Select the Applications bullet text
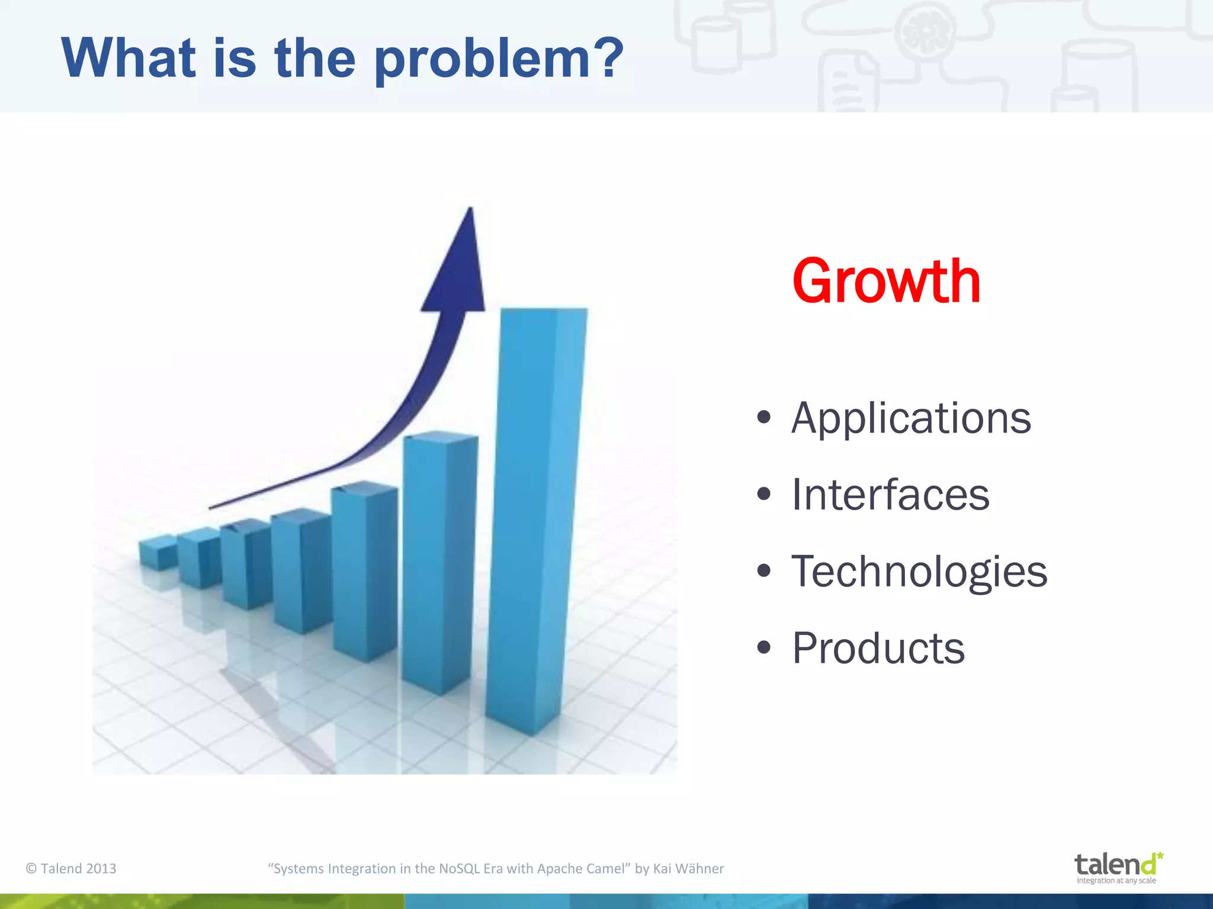point(911,418)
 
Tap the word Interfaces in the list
point(890,495)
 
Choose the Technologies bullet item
point(919,572)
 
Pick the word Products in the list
point(878,649)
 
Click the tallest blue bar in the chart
point(536,521)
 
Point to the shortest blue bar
point(158,553)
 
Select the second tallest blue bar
point(438,562)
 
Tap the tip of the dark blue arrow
point(470,211)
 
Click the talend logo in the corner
point(1117,865)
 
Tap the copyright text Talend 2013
point(71,868)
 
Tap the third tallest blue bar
point(364,571)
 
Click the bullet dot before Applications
point(763,417)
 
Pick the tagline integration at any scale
point(1116,881)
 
